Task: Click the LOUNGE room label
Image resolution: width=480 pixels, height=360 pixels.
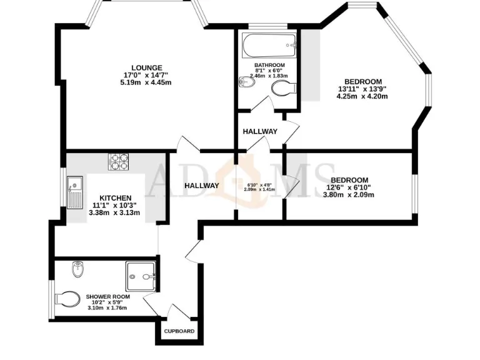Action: click(146, 67)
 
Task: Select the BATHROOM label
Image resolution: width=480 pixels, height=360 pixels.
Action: click(269, 65)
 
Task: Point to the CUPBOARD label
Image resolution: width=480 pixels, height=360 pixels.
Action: click(179, 331)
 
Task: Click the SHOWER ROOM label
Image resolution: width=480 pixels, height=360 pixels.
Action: click(107, 296)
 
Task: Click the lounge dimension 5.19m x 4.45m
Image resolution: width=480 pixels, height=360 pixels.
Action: click(146, 82)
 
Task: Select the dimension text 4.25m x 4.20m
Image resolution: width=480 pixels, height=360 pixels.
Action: click(362, 96)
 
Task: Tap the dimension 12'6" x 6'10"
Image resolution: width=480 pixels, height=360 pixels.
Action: click(349, 187)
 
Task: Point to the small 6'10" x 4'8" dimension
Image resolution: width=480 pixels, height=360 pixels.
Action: click(258, 184)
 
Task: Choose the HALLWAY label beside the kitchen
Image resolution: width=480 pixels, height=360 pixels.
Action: click(202, 185)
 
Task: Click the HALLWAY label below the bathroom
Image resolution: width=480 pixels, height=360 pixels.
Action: click(260, 131)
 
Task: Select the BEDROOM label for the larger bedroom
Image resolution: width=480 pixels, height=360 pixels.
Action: click(363, 81)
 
